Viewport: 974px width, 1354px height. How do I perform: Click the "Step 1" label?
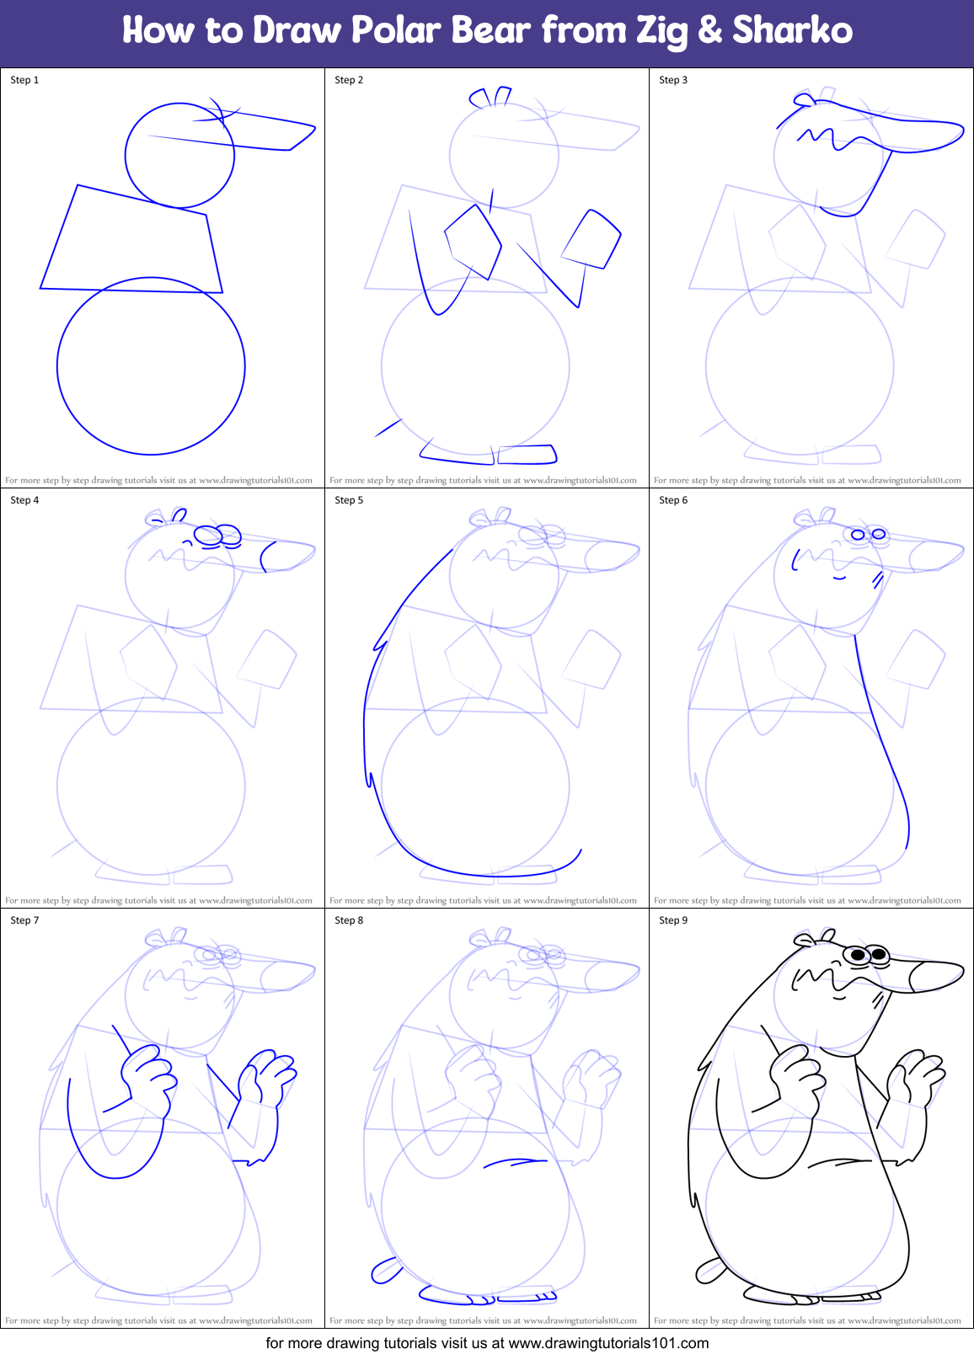[24, 80]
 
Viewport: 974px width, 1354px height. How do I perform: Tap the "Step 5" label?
[349, 500]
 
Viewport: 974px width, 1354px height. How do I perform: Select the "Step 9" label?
[673, 920]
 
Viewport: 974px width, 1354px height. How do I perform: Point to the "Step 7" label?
[24, 920]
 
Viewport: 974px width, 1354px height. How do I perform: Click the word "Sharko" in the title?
[792, 31]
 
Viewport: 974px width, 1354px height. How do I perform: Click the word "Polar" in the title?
[396, 31]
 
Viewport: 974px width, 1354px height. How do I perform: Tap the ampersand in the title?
[710, 31]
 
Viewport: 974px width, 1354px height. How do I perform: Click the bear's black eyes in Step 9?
[869, 955]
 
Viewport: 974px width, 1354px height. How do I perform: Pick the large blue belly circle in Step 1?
[151, 365]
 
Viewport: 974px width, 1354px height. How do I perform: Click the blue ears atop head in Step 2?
[491, 97]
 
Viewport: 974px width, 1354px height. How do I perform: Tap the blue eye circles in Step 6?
[868, 534]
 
